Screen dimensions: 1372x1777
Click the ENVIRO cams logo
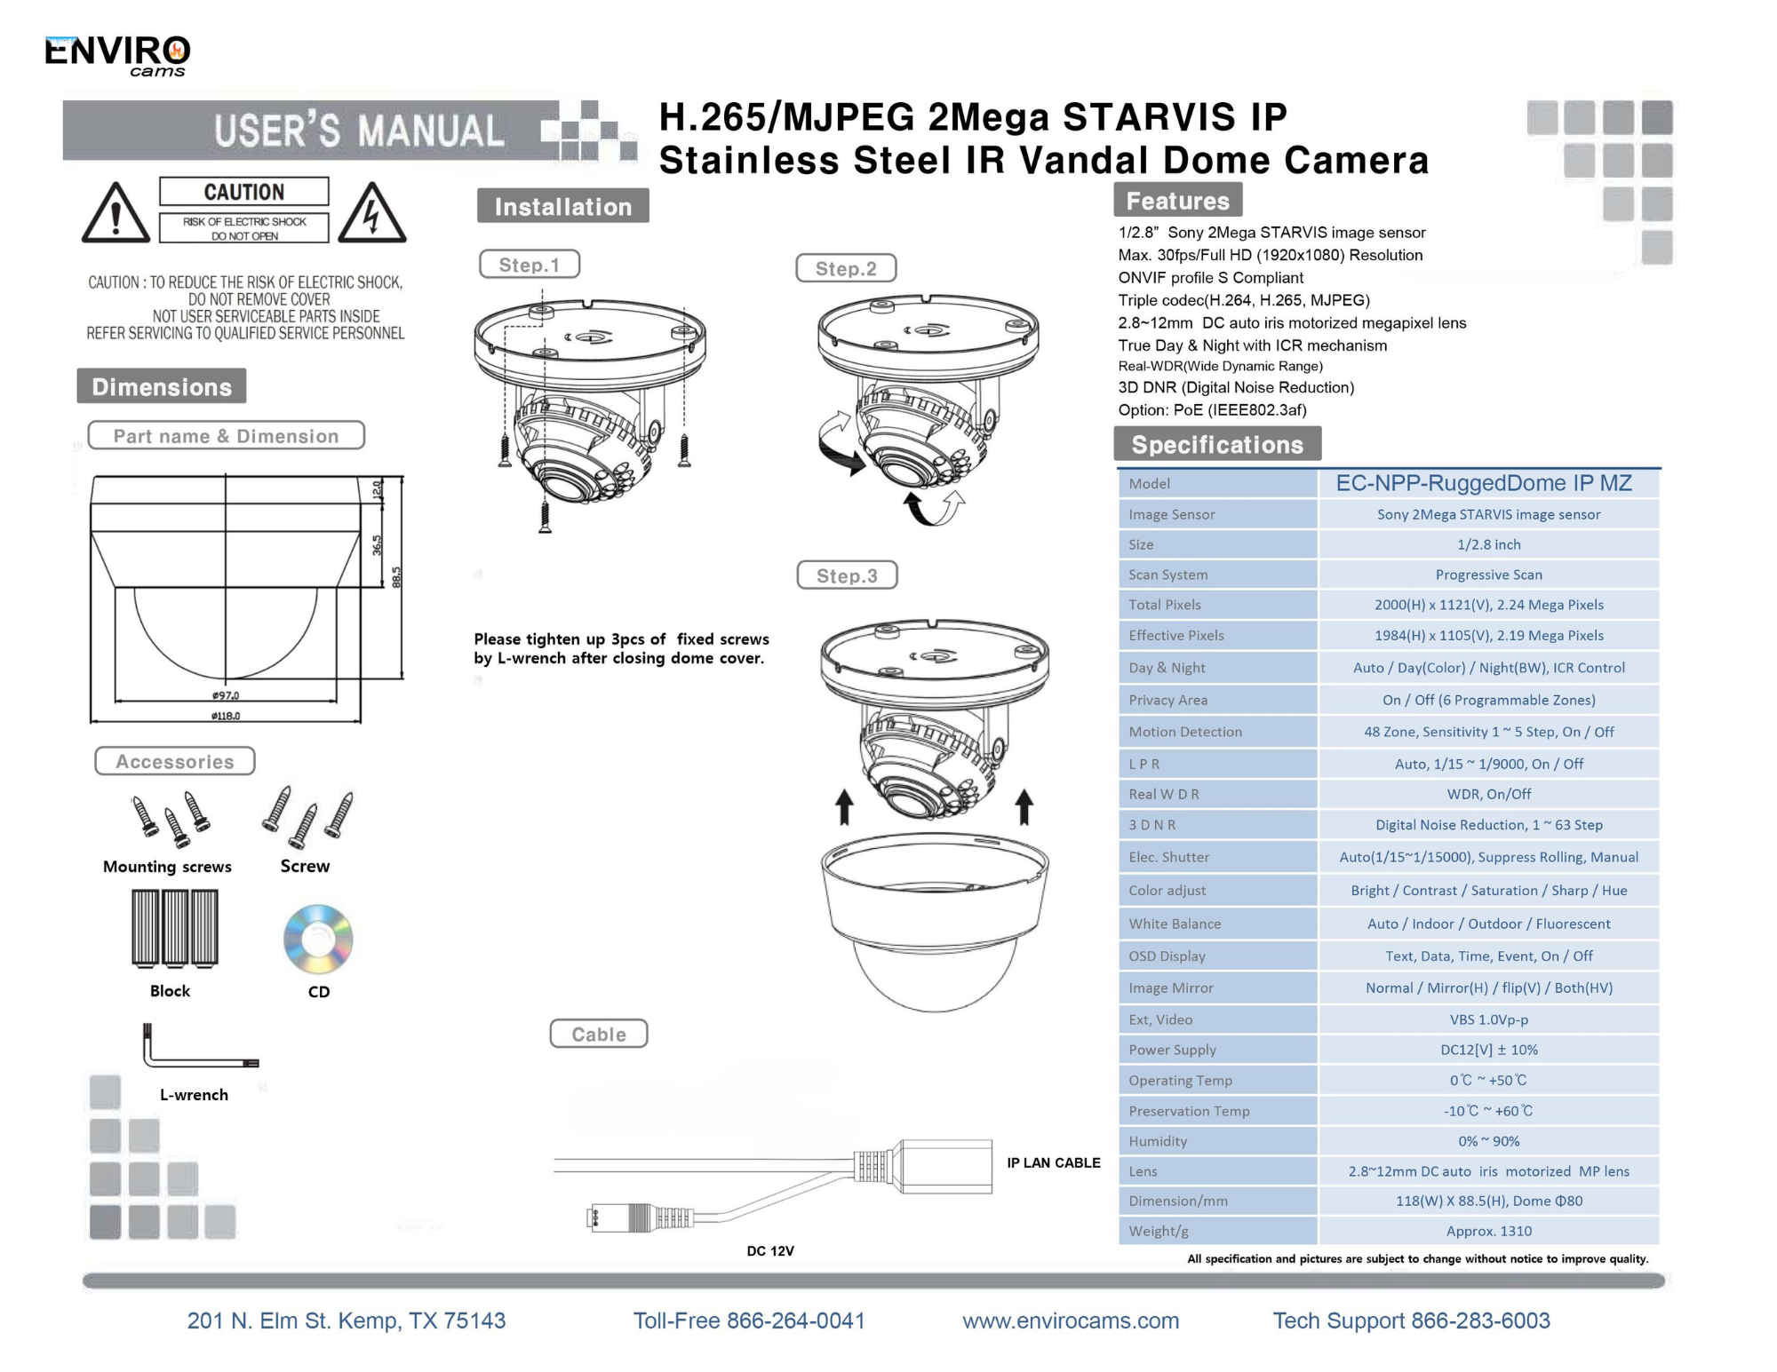pyautogui.click(x=117, y=56)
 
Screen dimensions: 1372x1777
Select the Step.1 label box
pyautogui.click(x=530, y=265)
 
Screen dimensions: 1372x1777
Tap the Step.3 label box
pyautogui.click(x=847, y=575)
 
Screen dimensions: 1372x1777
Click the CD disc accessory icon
pyautogui.click(x=318, y=939)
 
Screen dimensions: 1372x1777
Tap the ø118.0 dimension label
pyautogui.click(x=226, y=716)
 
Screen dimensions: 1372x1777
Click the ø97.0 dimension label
pyautogui.click(x=226, y=695)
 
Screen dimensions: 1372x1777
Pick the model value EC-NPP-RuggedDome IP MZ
pyautogui.click(x=1484, y=483)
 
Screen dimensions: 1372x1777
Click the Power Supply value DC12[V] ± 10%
pyautogui.click(x=1488, y=1050)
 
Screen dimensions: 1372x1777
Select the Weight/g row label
pyautogui.click(x=1159, y=1231)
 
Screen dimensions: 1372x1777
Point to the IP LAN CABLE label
pyautogui.click(x=1053, y=1162)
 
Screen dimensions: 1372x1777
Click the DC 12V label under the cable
pyautogui.click(x=770, y=1250)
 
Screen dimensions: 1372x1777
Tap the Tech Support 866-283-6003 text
pyautogui.click(x=1411, y=1320)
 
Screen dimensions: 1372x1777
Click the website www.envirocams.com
pyautogui.click(x=1071, y=1320)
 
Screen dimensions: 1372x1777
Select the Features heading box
pyautogui.click(x=1177, y=201)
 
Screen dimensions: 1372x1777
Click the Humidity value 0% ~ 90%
pyautogui.click(x=1488, y=1141)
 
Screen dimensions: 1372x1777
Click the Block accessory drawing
pyautogui.click(x=175, y=928)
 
